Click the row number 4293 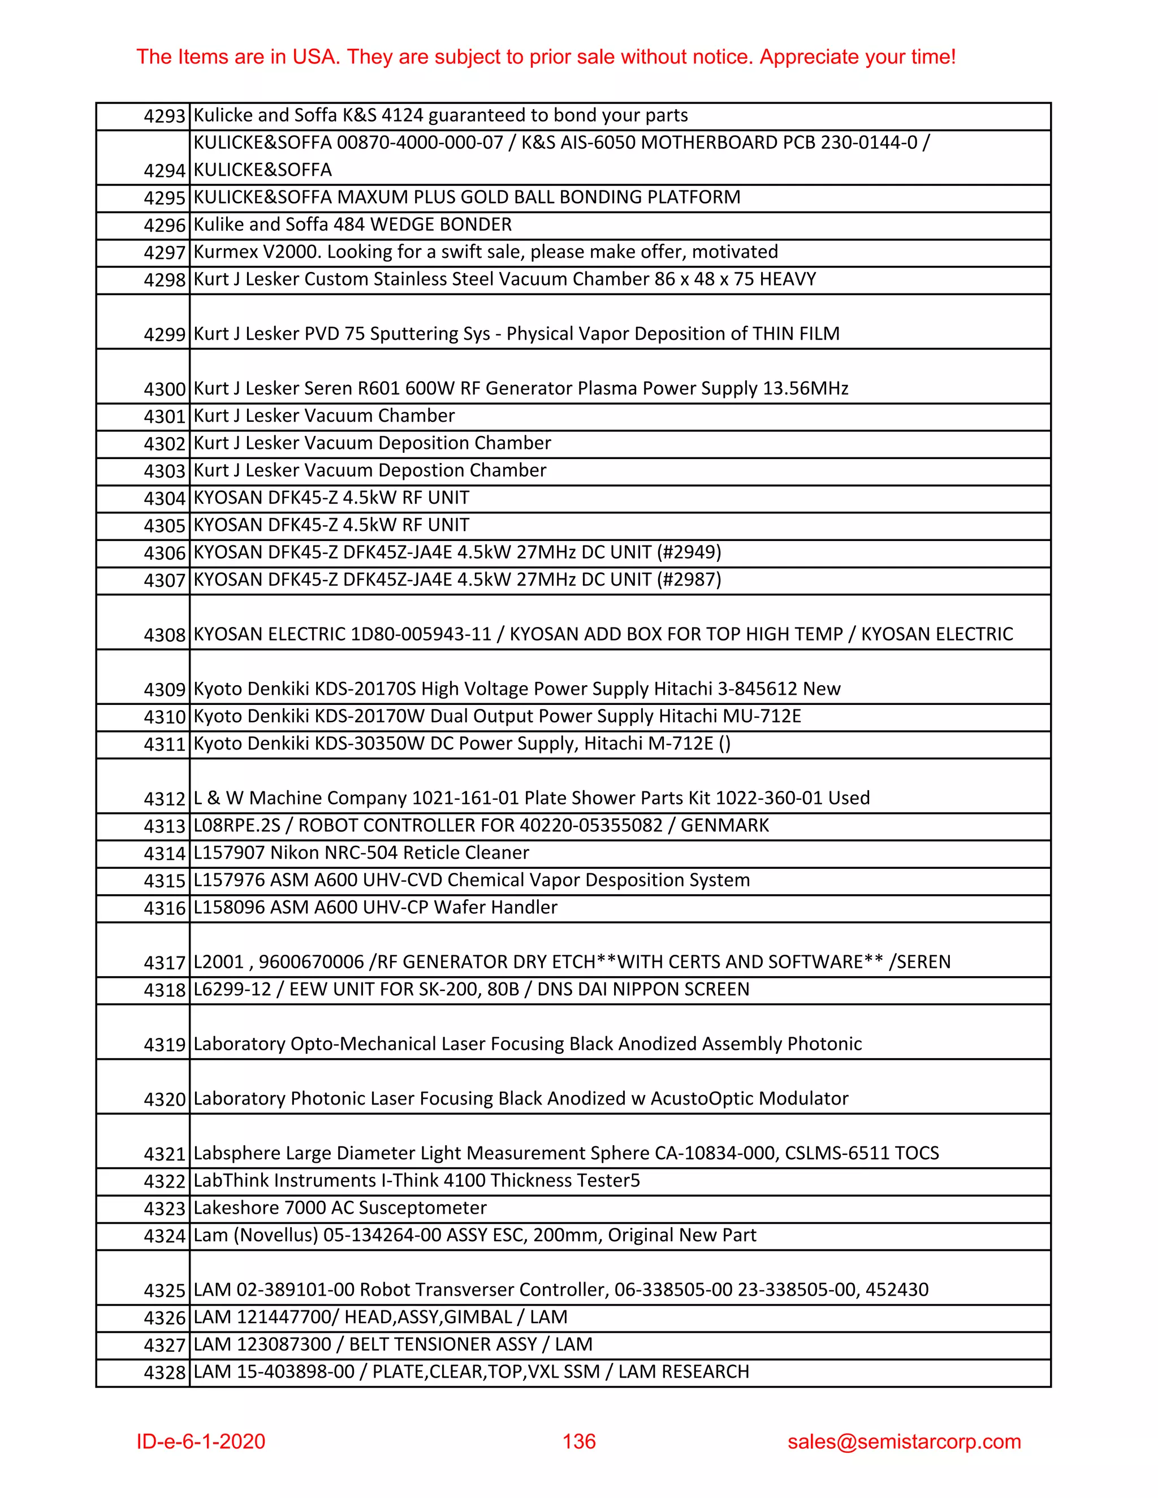click(165, 116)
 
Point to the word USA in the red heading click(315, 57)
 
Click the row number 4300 click(165, 389)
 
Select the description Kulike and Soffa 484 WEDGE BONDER click(353, 224)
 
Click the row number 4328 click(165, 1373)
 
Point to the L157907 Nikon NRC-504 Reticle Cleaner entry click(361, 852)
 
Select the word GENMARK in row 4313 click(724, 825)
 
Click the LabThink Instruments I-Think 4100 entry click(416, 1180)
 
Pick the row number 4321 click(165, 1154)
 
